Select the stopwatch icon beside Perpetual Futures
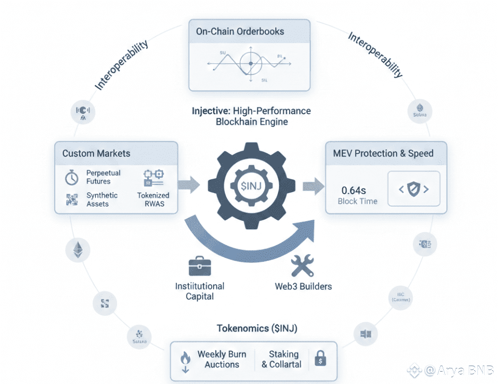click(x=72, y=178)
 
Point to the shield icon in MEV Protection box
click(x=414, y=189)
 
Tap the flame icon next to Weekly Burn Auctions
click(x=185, y=360)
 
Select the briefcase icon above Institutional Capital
click(x=199, y=265)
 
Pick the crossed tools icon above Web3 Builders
click(x=302, y=265)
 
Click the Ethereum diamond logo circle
click(x=78, y=250)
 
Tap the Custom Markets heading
click(x=96, y=154)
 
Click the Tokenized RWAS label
click(x=153, y=199)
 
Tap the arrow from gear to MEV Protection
click(x=313, y=187)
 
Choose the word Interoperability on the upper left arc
click(x=121, y=65)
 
